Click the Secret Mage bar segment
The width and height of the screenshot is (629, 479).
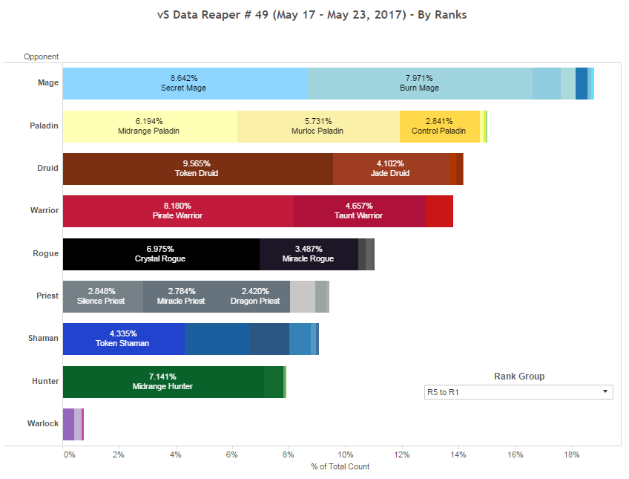click(x=184, y=83)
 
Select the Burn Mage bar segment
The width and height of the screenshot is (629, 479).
click(x=419, y=83)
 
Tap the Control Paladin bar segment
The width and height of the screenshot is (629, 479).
click(x=439, y=126)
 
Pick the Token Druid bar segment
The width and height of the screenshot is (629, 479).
click(x=197, y=169)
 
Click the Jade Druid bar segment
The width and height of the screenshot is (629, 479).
click(x=390, y=169)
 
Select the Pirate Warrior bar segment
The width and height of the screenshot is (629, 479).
click(x=178, y=211)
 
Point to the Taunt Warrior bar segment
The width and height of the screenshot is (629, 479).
click(x=359, y=211)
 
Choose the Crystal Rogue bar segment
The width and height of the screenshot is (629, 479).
click(x=160, y=254)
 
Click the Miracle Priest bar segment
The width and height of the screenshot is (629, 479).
click(x=180, y=296)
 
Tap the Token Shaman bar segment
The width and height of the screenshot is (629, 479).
click(x=123, y=339)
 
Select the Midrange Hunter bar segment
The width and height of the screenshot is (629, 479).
click(x=163, y=382)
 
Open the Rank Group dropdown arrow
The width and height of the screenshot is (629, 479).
click(x=605, y=391)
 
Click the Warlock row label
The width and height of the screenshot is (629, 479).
click(x=43, y=424)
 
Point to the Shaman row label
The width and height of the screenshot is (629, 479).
click(x=43, y=339)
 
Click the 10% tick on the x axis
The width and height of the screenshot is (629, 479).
click(x=346, y=454)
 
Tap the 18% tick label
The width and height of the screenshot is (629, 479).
click(x=571, y=454)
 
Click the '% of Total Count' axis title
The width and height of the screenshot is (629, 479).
click(x=340, y=466)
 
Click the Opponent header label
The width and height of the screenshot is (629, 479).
click(x=41, y=56)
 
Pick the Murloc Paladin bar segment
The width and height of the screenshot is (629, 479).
click(x=318, y=126)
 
